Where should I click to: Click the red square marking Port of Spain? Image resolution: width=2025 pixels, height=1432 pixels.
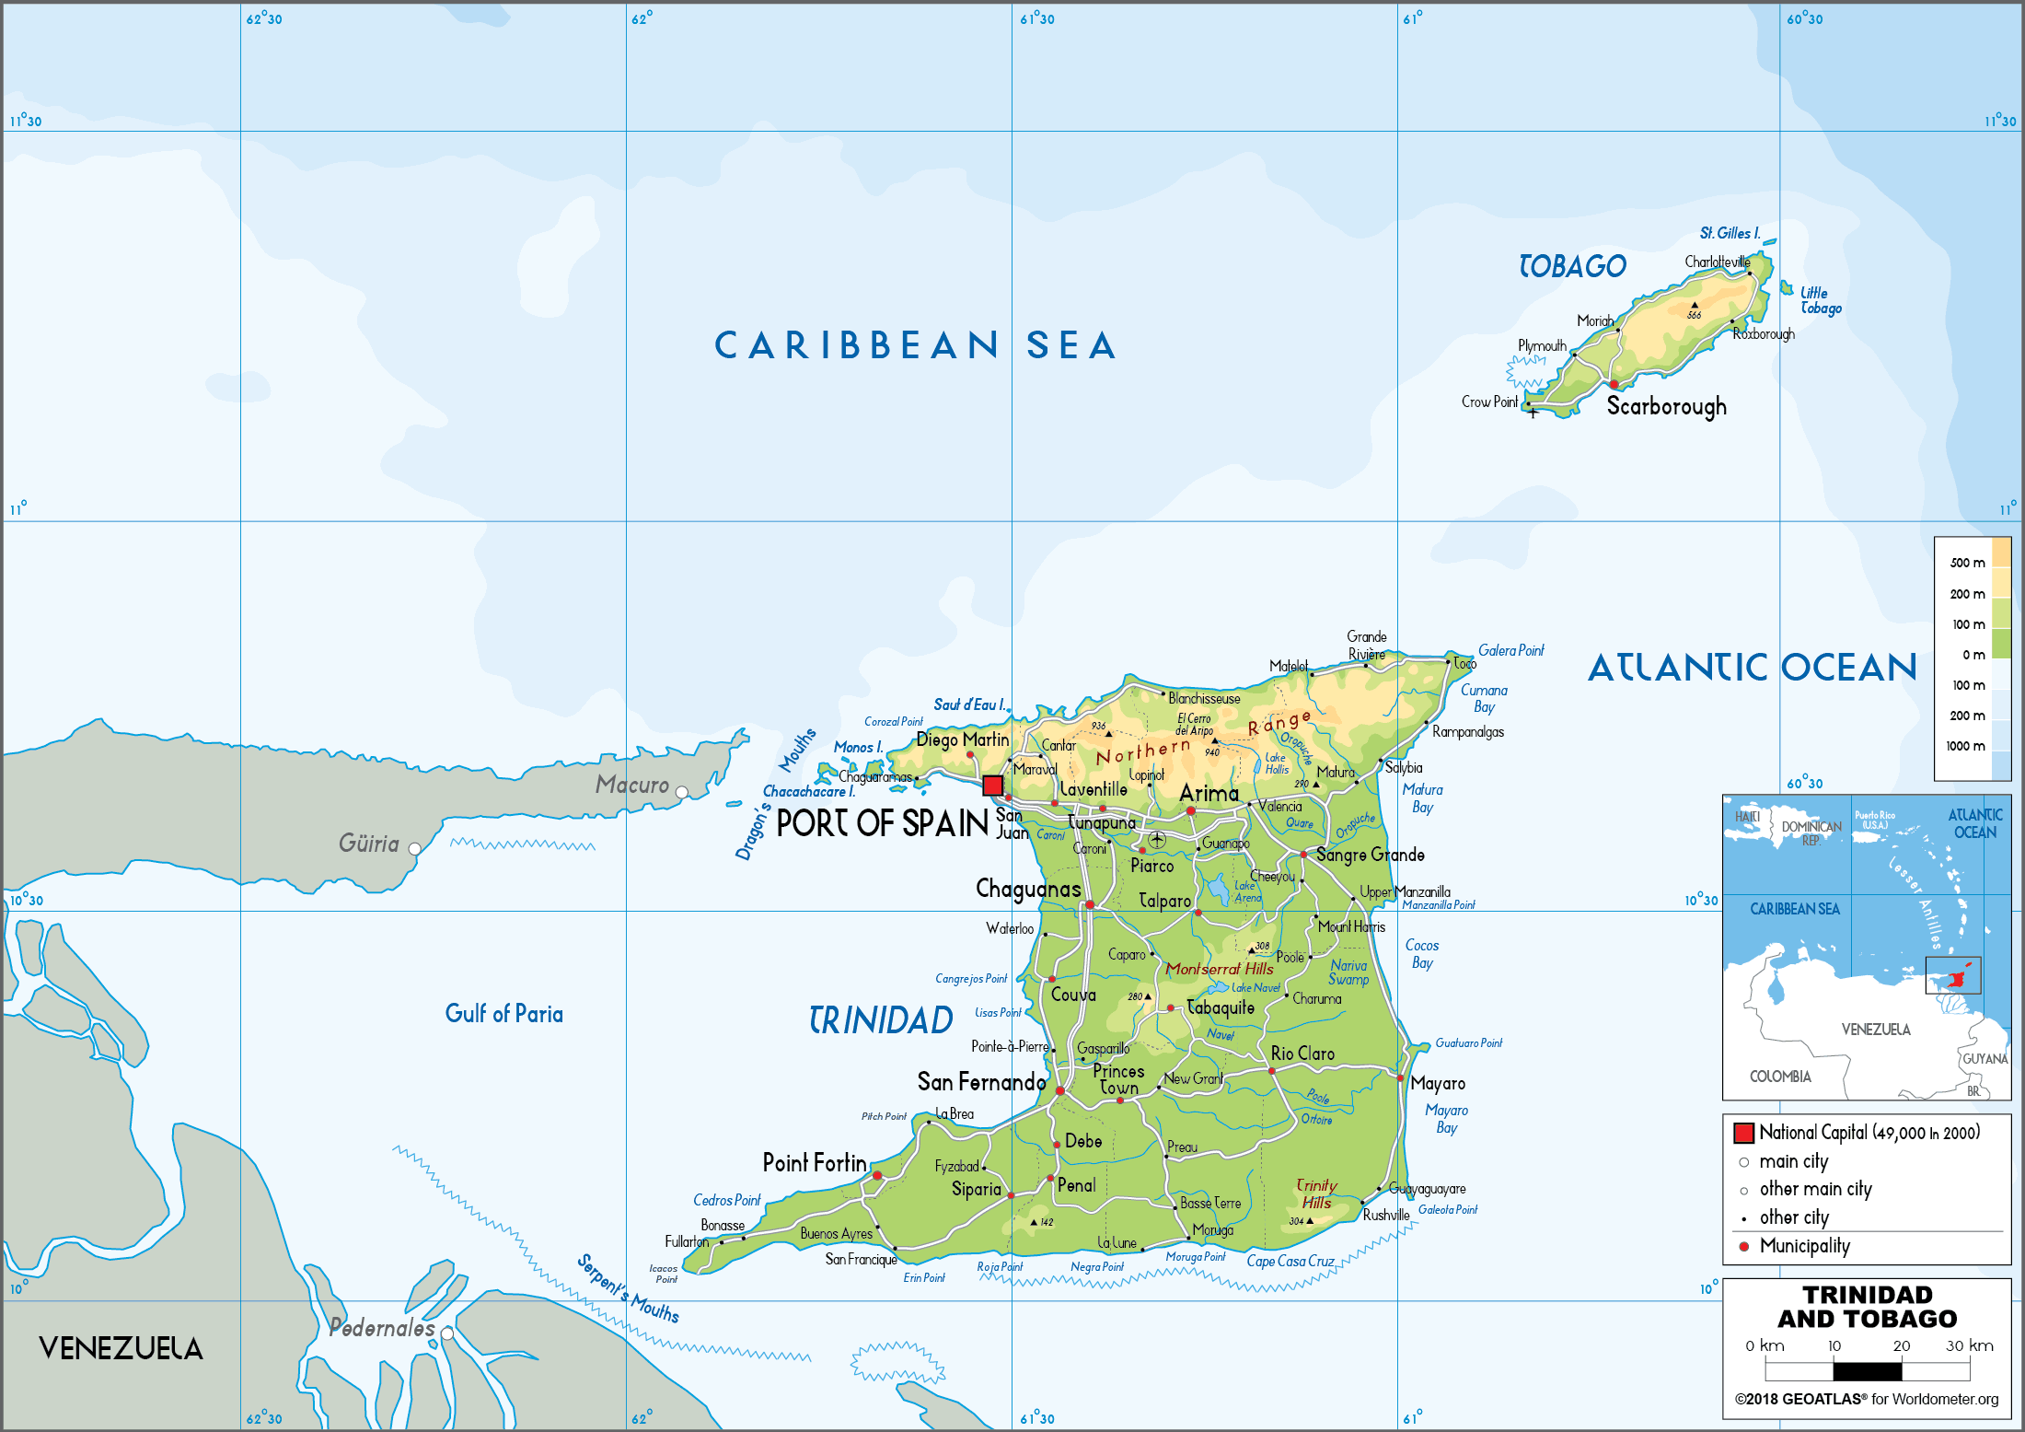point(992,786)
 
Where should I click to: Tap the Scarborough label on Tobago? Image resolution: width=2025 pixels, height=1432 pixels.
point(1666,406)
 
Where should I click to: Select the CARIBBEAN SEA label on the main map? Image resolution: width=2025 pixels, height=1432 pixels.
point(916,346)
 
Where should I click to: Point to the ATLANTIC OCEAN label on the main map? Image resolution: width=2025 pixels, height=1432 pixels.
point(1752,668)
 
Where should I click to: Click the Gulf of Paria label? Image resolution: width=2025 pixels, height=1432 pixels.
point(503,1014)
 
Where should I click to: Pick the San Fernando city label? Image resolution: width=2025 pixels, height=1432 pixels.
point(981,1082)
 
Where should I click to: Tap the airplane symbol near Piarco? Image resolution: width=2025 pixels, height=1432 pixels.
point(1157,839)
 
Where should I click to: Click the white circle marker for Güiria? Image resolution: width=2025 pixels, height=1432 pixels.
point(415,849)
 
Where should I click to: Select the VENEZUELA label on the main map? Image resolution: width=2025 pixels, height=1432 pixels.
point(121,1348)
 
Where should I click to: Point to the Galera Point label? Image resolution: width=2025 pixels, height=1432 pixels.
point(1510,651)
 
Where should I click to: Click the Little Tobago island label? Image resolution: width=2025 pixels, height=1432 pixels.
point(1821,301)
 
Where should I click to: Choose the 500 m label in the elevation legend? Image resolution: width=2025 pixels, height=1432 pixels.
point(1967,563)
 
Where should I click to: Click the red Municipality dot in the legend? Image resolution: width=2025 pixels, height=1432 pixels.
point(1743,1246)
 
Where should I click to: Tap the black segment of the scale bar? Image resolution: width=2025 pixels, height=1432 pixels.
point(1867,1371)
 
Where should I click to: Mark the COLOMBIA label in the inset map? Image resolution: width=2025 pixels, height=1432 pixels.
point(1780,1077)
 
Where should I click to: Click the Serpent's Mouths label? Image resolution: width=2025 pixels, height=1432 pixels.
point(628,1288)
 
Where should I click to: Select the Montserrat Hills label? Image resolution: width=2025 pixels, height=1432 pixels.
point(1220,969)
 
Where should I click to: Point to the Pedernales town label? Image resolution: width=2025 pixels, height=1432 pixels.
point(381,1328)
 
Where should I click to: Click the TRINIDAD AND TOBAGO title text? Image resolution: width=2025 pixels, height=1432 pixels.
point(1867,1307)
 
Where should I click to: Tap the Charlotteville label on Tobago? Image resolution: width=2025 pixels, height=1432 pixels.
point(1717,262)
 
